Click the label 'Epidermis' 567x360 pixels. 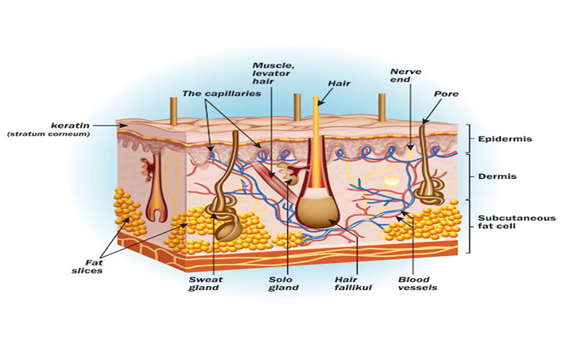click(505, 139)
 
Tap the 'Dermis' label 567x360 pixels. click(497, 176)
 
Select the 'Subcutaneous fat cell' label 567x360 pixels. click(517, 222)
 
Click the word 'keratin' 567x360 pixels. click(70, 126)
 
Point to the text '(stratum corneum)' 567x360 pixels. click(49, 134)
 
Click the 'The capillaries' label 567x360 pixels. click(221, 93)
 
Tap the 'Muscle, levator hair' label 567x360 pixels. click(271, 73)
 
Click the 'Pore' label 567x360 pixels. click(446, 94)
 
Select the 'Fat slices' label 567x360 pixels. click(87, 267)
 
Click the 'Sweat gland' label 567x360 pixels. click(206, 284)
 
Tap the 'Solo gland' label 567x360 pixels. click(283, 284)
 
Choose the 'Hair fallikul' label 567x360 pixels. click(353, 284)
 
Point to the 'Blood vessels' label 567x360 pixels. click(417, 284)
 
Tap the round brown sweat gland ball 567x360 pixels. click(228, 230)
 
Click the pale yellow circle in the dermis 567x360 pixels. click(391, 180)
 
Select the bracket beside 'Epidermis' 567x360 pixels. click(469, 139)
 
